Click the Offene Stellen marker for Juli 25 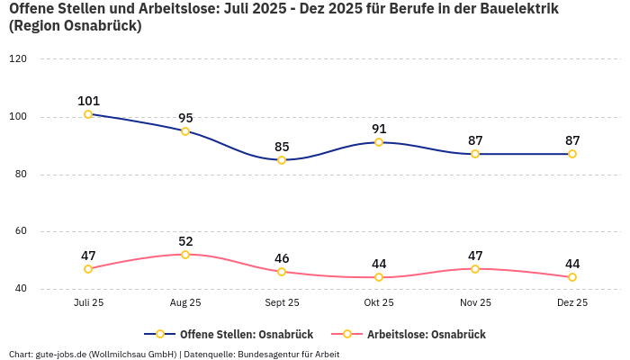click(x=88, y=114)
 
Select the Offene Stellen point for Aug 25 click(x=185, y=131)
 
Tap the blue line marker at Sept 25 click(x=282, y=160)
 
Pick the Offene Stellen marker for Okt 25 click(x=379, y=142)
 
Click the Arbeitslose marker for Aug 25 click(x=185, y=255)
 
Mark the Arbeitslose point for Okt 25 click(x=379, y=277)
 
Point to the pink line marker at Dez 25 click(x=572, y=277)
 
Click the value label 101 click(x=88, y=101)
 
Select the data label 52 click(x=185, y=241)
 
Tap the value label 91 click(x=379, y=129)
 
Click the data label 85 click(x=282, y=147)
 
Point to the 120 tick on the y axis click(x=18, y=58)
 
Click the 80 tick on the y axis click(x=21, y=175)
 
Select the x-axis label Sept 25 click(x=282, y=302)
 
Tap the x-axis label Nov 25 click(x=475, y=302)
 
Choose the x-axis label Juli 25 click(x=88, y=302)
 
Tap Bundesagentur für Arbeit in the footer click(x=288, y=354)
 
